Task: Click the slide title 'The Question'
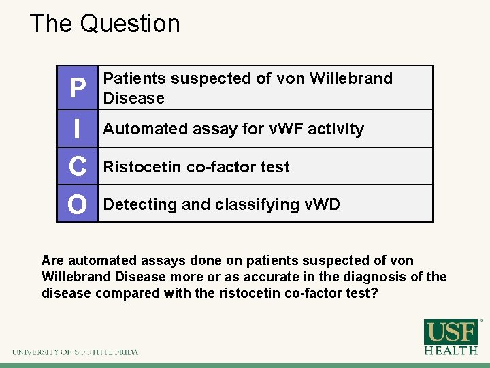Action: click(105, 24)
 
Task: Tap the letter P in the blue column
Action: click(78, 89)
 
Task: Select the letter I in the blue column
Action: click(78, 129)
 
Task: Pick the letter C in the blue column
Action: click(78, 166)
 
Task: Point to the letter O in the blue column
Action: click(78, 204)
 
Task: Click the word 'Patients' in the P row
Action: click(134, 78)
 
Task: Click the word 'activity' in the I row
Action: click(336, 129)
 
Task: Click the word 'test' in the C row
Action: click(276, 167)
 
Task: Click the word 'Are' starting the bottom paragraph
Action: click(52, 260)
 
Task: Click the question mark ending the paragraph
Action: click(374, 293)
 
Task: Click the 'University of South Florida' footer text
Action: click(75, 352)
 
